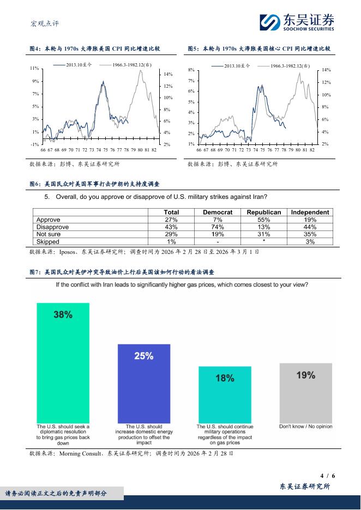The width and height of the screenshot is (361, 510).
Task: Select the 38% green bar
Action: coord(63,362)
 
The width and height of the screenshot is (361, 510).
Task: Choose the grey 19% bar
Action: coord(305,392)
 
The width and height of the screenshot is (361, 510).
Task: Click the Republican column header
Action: coord(264,212)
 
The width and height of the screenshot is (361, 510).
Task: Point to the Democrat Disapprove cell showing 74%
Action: coord(218,227)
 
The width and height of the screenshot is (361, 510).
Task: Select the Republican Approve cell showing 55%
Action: coord(264,220)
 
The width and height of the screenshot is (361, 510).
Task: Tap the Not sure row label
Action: coord(49,234)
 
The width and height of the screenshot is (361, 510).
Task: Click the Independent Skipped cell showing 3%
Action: coord(310,241)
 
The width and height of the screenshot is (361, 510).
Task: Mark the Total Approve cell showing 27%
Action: coord(171,220)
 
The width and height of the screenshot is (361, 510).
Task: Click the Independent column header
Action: coord(310,212)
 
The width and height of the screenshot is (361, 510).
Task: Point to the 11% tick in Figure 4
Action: coord(34,68)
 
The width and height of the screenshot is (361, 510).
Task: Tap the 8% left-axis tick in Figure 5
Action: coord(191,70)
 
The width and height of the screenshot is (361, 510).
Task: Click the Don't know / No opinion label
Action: coord(305,427)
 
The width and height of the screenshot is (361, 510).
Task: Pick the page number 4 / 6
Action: coord(326,475)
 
